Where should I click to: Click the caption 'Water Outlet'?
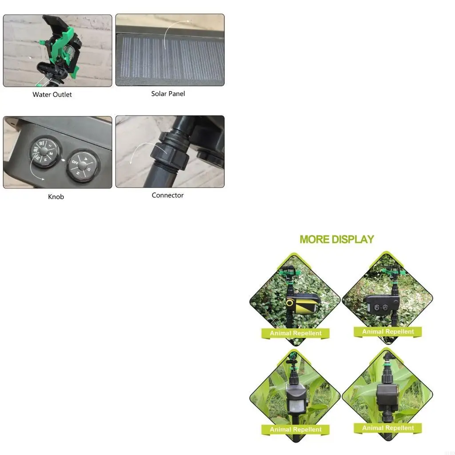tap(52, 94)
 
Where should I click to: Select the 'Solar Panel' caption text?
tap(168, 94)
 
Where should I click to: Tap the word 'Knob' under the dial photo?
tap(56, 196)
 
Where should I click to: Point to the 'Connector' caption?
tap(168, 195)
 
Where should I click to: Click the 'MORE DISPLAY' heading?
tap(337, 239)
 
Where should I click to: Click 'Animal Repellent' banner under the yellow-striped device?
tap(295, 333)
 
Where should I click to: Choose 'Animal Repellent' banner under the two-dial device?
tap(387, 331)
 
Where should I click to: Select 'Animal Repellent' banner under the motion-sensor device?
tap(295, 430)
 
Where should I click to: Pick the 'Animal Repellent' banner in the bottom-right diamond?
tap(387, 428)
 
